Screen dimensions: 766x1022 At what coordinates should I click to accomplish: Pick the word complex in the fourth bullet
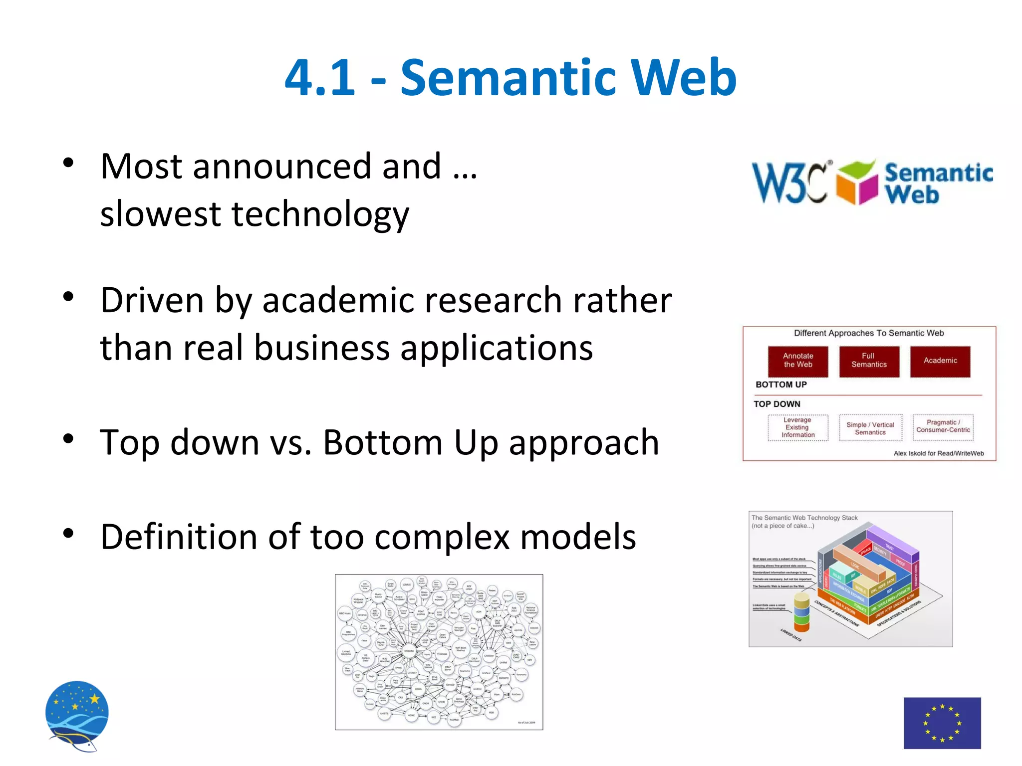[x=442, y=537]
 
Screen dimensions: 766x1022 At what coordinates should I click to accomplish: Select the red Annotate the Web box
[x=798, y=361]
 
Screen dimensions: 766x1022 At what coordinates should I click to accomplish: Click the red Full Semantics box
[x=869, y=361]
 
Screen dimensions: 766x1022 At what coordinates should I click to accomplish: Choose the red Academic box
[x=940, y=361]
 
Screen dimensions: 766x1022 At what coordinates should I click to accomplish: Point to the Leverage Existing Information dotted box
[x=798, y=427]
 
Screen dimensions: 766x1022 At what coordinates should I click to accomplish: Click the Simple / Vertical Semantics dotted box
[x=870, y=428]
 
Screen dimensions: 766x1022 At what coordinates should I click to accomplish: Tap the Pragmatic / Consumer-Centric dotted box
[x=943, y=426]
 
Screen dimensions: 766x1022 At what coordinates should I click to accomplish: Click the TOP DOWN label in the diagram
[x=777, y=404]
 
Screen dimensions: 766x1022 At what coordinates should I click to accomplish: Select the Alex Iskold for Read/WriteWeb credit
[x=938, y=453]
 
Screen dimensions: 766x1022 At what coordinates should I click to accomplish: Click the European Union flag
[x=942, y=723]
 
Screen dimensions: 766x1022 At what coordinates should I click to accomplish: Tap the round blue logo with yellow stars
[x=77, y=713]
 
